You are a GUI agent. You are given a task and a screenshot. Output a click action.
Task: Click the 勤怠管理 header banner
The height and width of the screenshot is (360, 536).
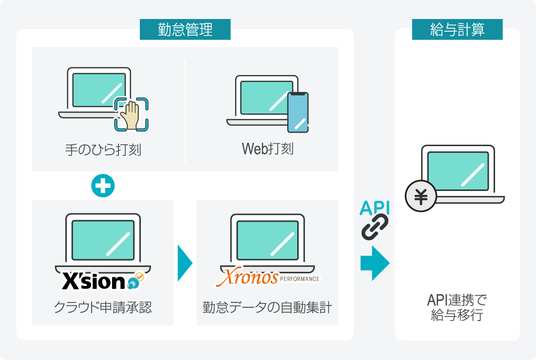click(x=185, y=30)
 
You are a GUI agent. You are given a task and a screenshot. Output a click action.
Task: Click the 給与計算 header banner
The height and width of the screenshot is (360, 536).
click(x=457, y=30)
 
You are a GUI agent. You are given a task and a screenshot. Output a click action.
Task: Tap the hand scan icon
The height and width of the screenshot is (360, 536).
click(x=131, y=114)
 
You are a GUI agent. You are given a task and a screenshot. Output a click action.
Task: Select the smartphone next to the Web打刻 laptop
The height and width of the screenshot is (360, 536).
click(x=297, y=112)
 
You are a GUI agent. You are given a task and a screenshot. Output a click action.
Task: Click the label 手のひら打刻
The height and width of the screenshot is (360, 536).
click(x=103, y=149)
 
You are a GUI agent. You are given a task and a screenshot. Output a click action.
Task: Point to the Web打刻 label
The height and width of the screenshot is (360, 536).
click(x=268, y=149)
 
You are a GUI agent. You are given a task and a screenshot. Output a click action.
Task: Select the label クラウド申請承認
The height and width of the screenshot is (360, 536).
click(x=103, y=308)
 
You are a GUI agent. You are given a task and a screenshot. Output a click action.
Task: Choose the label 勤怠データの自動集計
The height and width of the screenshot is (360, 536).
click(x=268, y=308)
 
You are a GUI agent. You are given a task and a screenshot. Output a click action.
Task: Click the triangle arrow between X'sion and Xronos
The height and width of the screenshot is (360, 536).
click(x=184, y=264)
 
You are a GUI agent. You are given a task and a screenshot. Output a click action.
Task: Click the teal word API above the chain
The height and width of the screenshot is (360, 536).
click(x=375, y=208)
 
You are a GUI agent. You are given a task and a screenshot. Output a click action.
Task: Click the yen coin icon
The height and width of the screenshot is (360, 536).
click(x=421, y=197)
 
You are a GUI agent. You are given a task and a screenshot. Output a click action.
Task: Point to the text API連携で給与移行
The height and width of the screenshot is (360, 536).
click(x=457, y=307)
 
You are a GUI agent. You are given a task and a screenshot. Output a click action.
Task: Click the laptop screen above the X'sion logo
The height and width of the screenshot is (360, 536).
click(x=103, y=239)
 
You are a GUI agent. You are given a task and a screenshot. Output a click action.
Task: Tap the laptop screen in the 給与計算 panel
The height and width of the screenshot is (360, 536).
click(x=458, y=171)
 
